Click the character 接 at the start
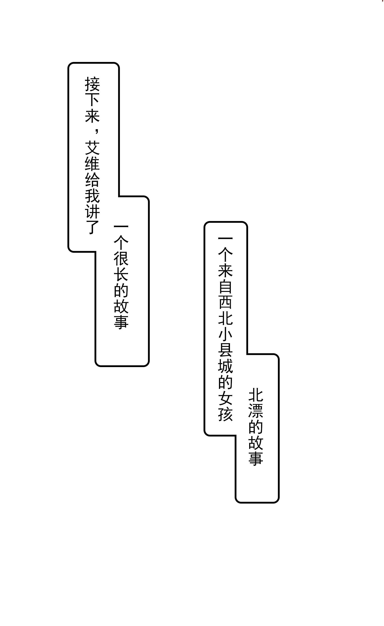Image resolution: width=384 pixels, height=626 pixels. [x=92, y=84]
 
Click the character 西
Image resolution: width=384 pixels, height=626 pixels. [x=225, y=302]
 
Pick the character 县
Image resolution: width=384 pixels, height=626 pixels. [x=225, y=350]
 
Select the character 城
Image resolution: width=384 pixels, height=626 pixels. [x=225, y=365]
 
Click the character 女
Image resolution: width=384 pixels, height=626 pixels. [x=225, y=397]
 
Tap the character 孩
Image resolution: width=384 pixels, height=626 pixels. [x=225, y=413]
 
